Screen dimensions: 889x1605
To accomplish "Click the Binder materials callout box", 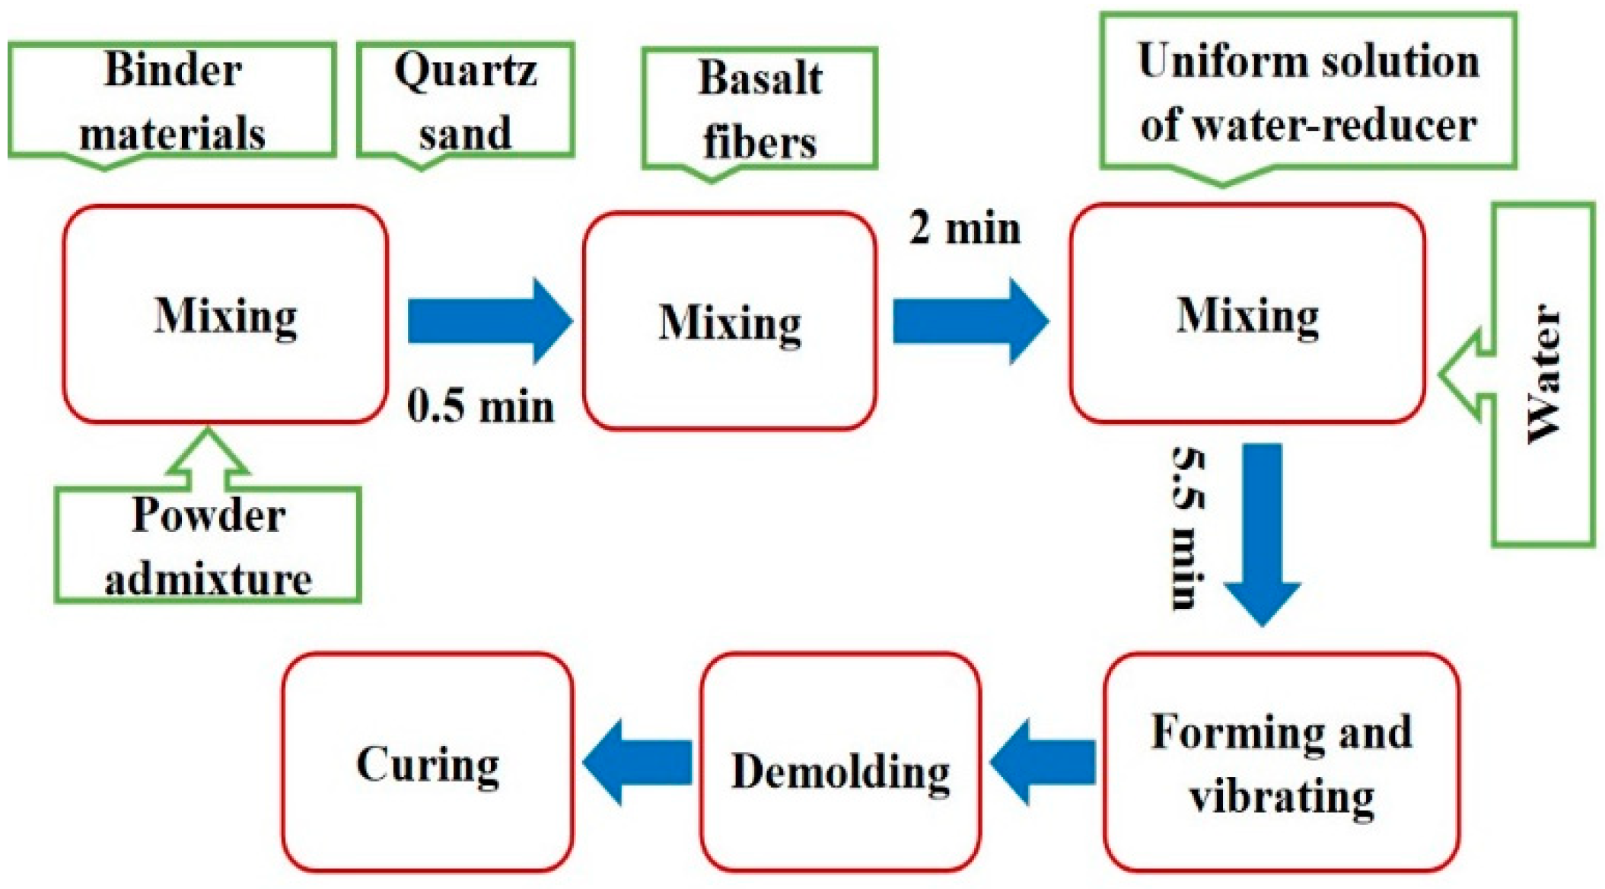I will pyautogui.click(x=172, y=100).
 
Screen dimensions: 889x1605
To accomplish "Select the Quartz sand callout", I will pyautogui.click(x=465, y=100).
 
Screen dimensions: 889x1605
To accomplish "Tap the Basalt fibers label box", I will pyautogui.click(x=760, y=109).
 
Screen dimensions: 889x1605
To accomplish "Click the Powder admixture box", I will pyautogui.click(x=207, y=546).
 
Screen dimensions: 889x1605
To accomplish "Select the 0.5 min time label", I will pyautogui.click(x=480, y=406).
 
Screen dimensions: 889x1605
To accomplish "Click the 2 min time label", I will pyautogui.click(x=964, y=228).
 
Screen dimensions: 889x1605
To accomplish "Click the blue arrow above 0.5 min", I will pyautogui.click(x=489, y=320).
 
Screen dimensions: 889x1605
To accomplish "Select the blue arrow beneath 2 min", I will pyautogui.click(x=970, y=320).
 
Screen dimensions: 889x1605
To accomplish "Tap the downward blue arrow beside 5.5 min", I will pyautogui.click(x=1262, y=533).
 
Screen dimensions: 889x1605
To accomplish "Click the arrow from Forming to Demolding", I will pyautogui.click(x=1043, y=762).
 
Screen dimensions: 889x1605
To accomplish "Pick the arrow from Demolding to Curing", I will pyautogui.click(x=638, y=762).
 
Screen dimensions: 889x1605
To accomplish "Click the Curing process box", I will pyautogui.click(x=428, y=762).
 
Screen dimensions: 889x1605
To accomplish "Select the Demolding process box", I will pyautogui.click(x=840, y=762).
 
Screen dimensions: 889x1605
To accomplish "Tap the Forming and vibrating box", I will pyautogui.click(x=1282, y=762).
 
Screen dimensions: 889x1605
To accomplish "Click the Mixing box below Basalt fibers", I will pyautogui.click(x=730, y=321).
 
